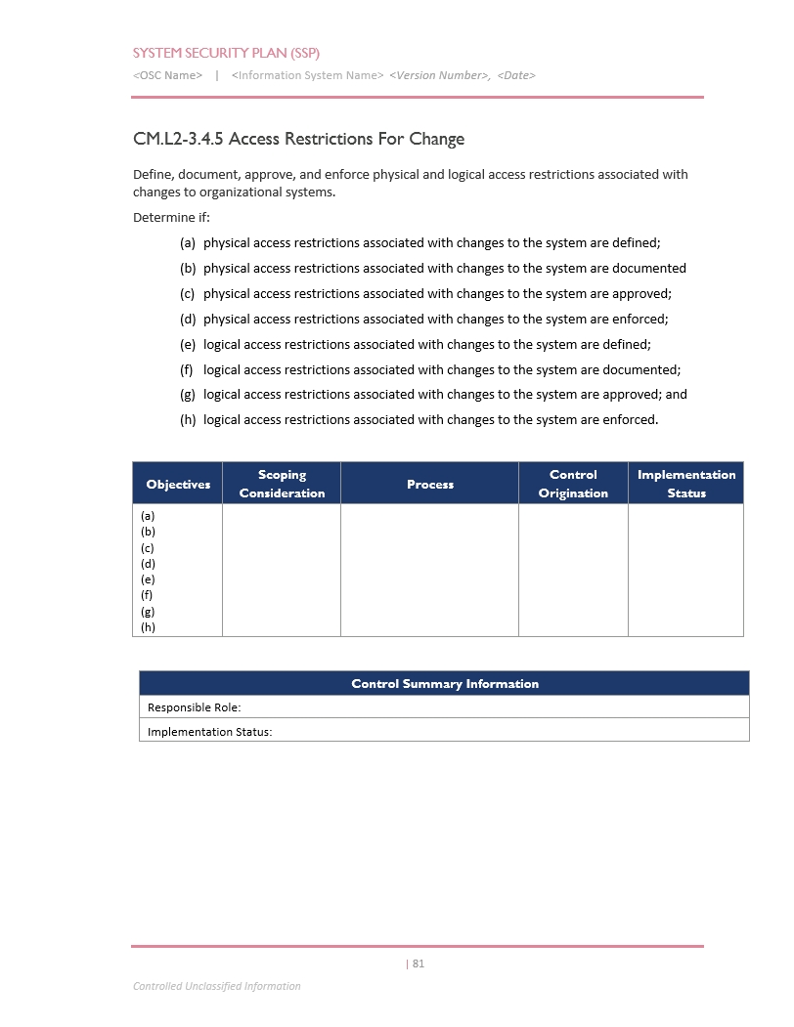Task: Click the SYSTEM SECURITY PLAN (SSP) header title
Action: point(226,53)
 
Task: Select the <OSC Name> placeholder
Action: point(167,75)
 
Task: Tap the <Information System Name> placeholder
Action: point(307,75)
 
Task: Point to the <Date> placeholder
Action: point(516,75)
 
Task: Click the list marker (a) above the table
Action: point(188,242)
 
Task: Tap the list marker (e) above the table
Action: point(188,344)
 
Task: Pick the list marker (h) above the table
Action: point(188,420)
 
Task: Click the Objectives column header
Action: point(178,485)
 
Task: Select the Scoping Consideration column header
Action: point(282,484)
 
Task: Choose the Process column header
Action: point(430,485)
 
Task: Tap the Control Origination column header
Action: point(573,484)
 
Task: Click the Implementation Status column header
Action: point(686,484)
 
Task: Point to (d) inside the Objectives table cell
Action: point(149,564)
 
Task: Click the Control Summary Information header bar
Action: point(445,684)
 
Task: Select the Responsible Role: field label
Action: point(194,707)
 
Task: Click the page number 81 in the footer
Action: point(419,963)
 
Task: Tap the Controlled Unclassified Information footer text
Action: point(217,986)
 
